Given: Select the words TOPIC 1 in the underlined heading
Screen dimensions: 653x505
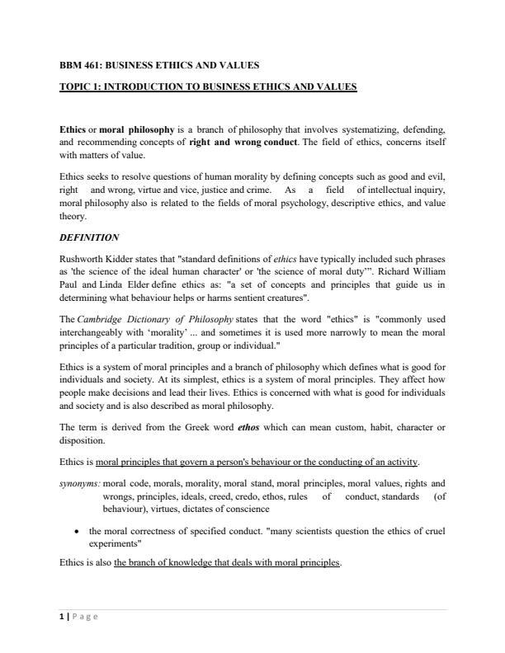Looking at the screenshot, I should tap(79, 85).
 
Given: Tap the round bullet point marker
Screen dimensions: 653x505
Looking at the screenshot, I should tap(76, 532).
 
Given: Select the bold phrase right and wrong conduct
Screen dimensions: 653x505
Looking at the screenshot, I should tap(240, 141).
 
